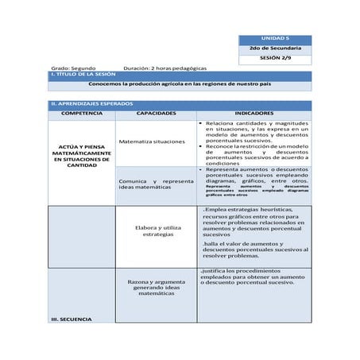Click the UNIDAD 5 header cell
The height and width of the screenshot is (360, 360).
click(275, 39)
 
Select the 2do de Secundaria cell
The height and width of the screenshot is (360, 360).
click(275, 49)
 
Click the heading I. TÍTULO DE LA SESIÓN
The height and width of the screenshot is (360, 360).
click(83, 75)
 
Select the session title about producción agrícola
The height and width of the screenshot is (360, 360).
click(179, 83)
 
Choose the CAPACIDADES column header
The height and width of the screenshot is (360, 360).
click(156, 114)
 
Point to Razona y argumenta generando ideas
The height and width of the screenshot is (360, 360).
click(156, 287)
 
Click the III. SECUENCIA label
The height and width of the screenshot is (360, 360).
click(71, 319)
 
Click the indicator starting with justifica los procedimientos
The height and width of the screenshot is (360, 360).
click(254, 276)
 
